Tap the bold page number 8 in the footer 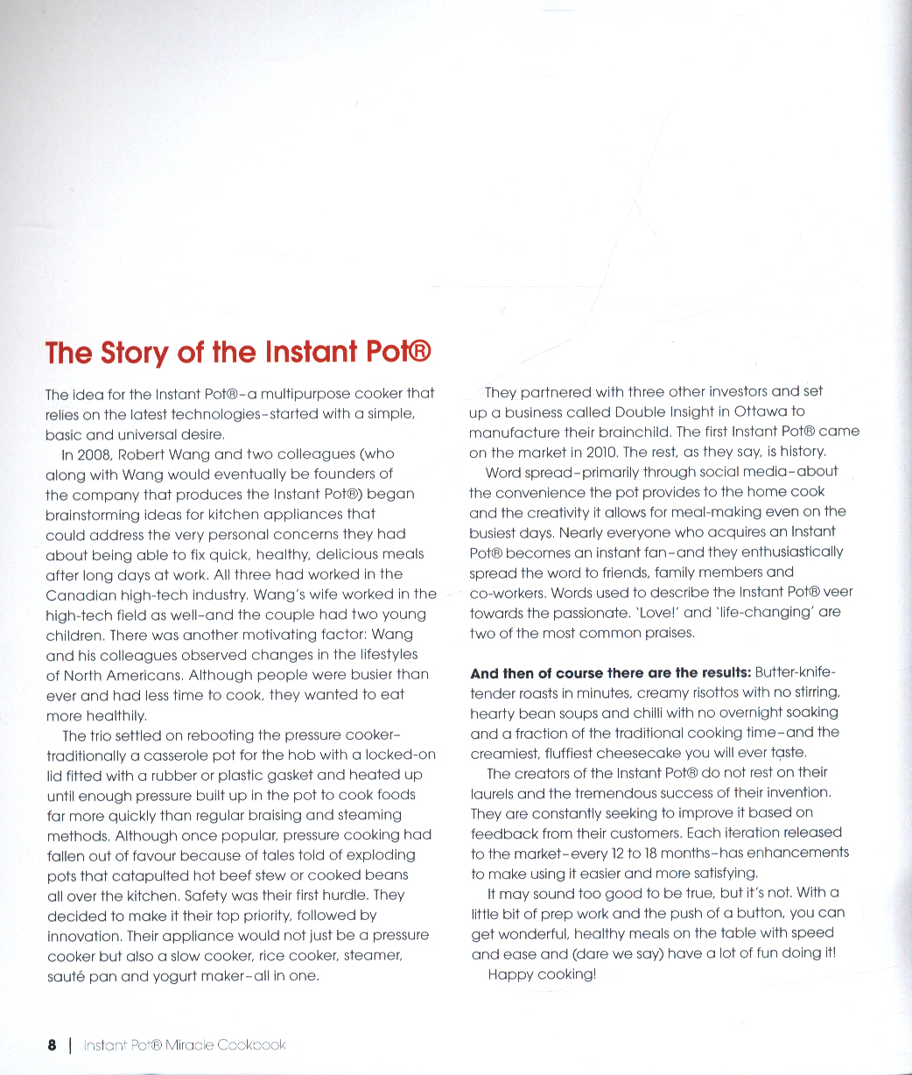point(52,1045)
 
